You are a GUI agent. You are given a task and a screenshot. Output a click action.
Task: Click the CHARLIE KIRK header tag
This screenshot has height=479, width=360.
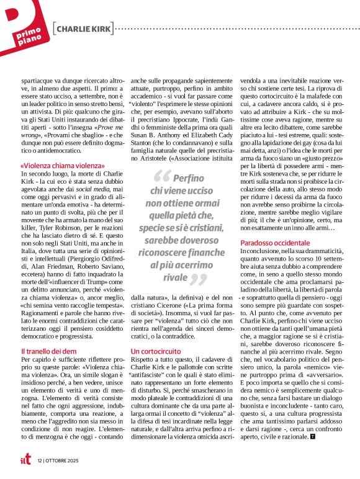pyautogui.click(x=84, y=29)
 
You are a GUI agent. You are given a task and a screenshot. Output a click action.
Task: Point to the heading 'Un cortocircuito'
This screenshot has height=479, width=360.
pyautogui.click(x=155, y=351)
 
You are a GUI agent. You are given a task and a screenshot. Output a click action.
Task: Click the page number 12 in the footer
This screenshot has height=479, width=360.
pyautogui.click(x=39, y=460)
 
